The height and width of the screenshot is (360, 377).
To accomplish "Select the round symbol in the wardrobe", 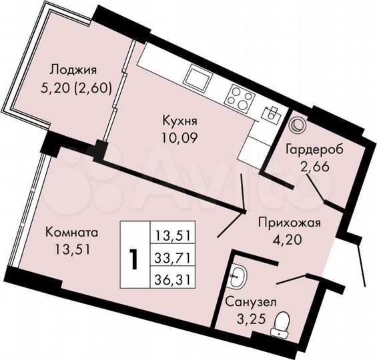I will (x=297, y=125).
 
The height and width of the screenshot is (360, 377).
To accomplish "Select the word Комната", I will (x=72, y=233).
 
